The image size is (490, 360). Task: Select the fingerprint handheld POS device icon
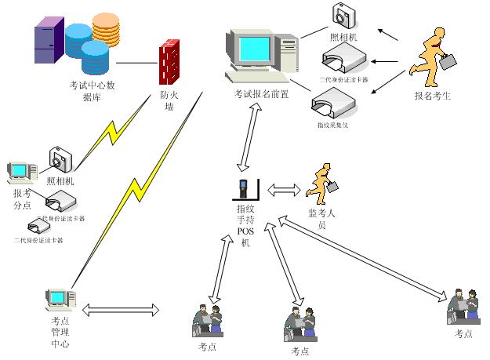[x=245, y=190]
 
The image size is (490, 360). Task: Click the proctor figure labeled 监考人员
[x=322, y=184]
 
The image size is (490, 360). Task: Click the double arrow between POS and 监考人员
[x=284, y=190]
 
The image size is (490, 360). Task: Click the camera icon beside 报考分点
[x=60, y=161]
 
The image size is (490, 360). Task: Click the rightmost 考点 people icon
[x=463, y=307]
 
